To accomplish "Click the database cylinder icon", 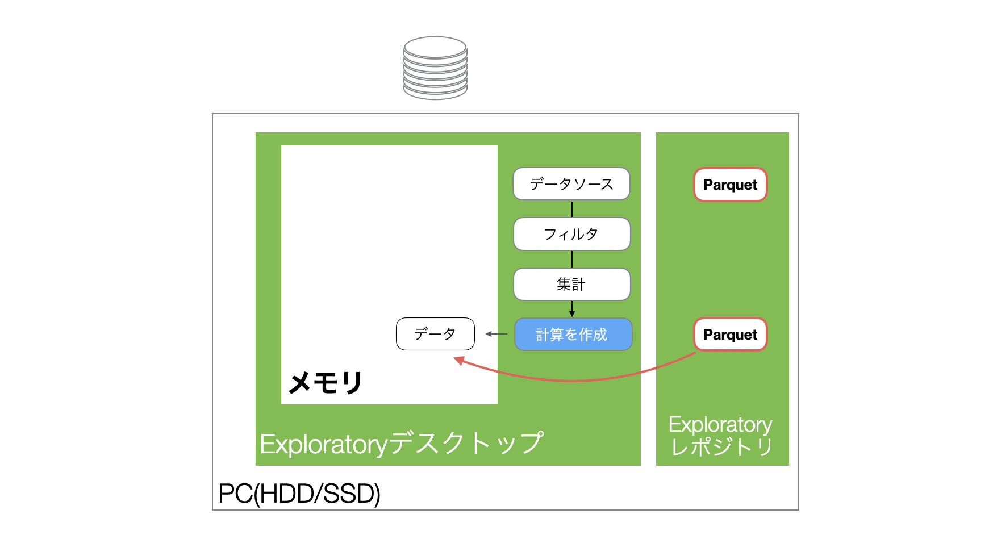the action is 435,68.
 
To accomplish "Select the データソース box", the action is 571,184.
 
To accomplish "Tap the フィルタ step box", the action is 572,234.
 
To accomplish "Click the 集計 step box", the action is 572,284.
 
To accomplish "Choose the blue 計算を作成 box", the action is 573,335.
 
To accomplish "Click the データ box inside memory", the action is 435,334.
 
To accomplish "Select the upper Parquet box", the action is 731,185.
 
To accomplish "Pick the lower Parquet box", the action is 731,335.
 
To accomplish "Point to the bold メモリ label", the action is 325,382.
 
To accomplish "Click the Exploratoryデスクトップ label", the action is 402,443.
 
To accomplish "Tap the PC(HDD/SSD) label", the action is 299,494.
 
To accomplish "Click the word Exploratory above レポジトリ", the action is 720,425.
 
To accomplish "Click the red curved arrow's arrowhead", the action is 459,361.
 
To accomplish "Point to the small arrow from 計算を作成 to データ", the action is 496,334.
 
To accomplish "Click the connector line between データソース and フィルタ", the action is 572,209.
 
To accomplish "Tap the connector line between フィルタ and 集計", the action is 572,259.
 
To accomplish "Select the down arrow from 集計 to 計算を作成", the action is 572,309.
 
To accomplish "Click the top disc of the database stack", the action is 435,47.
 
